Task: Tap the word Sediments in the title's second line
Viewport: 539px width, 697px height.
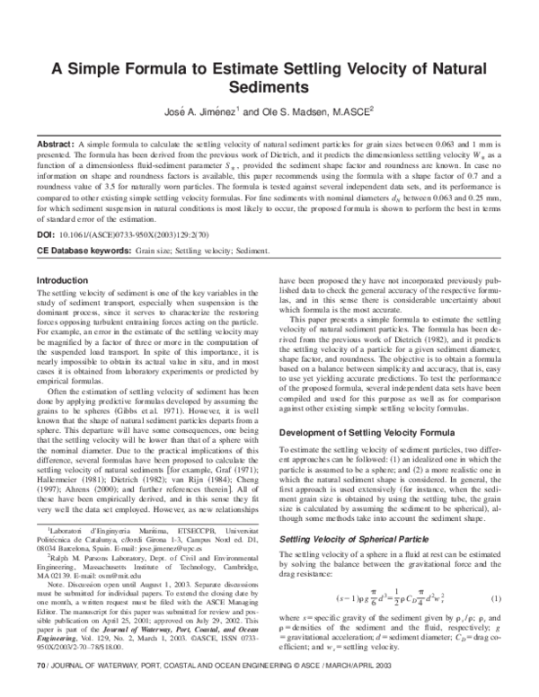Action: click(x=269, y=88)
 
